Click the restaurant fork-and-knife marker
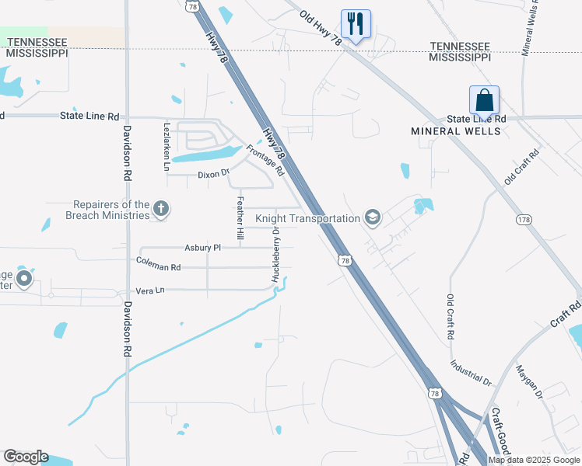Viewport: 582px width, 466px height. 356,23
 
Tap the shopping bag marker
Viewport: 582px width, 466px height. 484,99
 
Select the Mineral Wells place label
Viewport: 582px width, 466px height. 455,131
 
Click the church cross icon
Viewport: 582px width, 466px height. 161,208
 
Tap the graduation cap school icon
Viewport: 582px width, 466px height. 372,217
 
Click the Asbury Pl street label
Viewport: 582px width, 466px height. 202,248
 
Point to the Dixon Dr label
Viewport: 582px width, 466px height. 214,175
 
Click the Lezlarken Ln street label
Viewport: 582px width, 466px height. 167,145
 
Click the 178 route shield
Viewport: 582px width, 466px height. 523,221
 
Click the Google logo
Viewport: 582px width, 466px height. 26,457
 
